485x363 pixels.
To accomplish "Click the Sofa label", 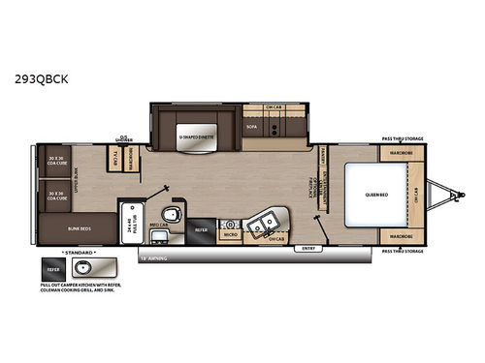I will pyautogui.click(x=251, y=127).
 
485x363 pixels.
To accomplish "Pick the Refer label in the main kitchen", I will pyautogui.click(x=202, y=230).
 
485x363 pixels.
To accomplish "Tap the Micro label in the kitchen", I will pyautogui.click(x=231, y=235).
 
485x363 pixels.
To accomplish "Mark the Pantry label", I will pyautogui.click(x=321, y=159).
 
